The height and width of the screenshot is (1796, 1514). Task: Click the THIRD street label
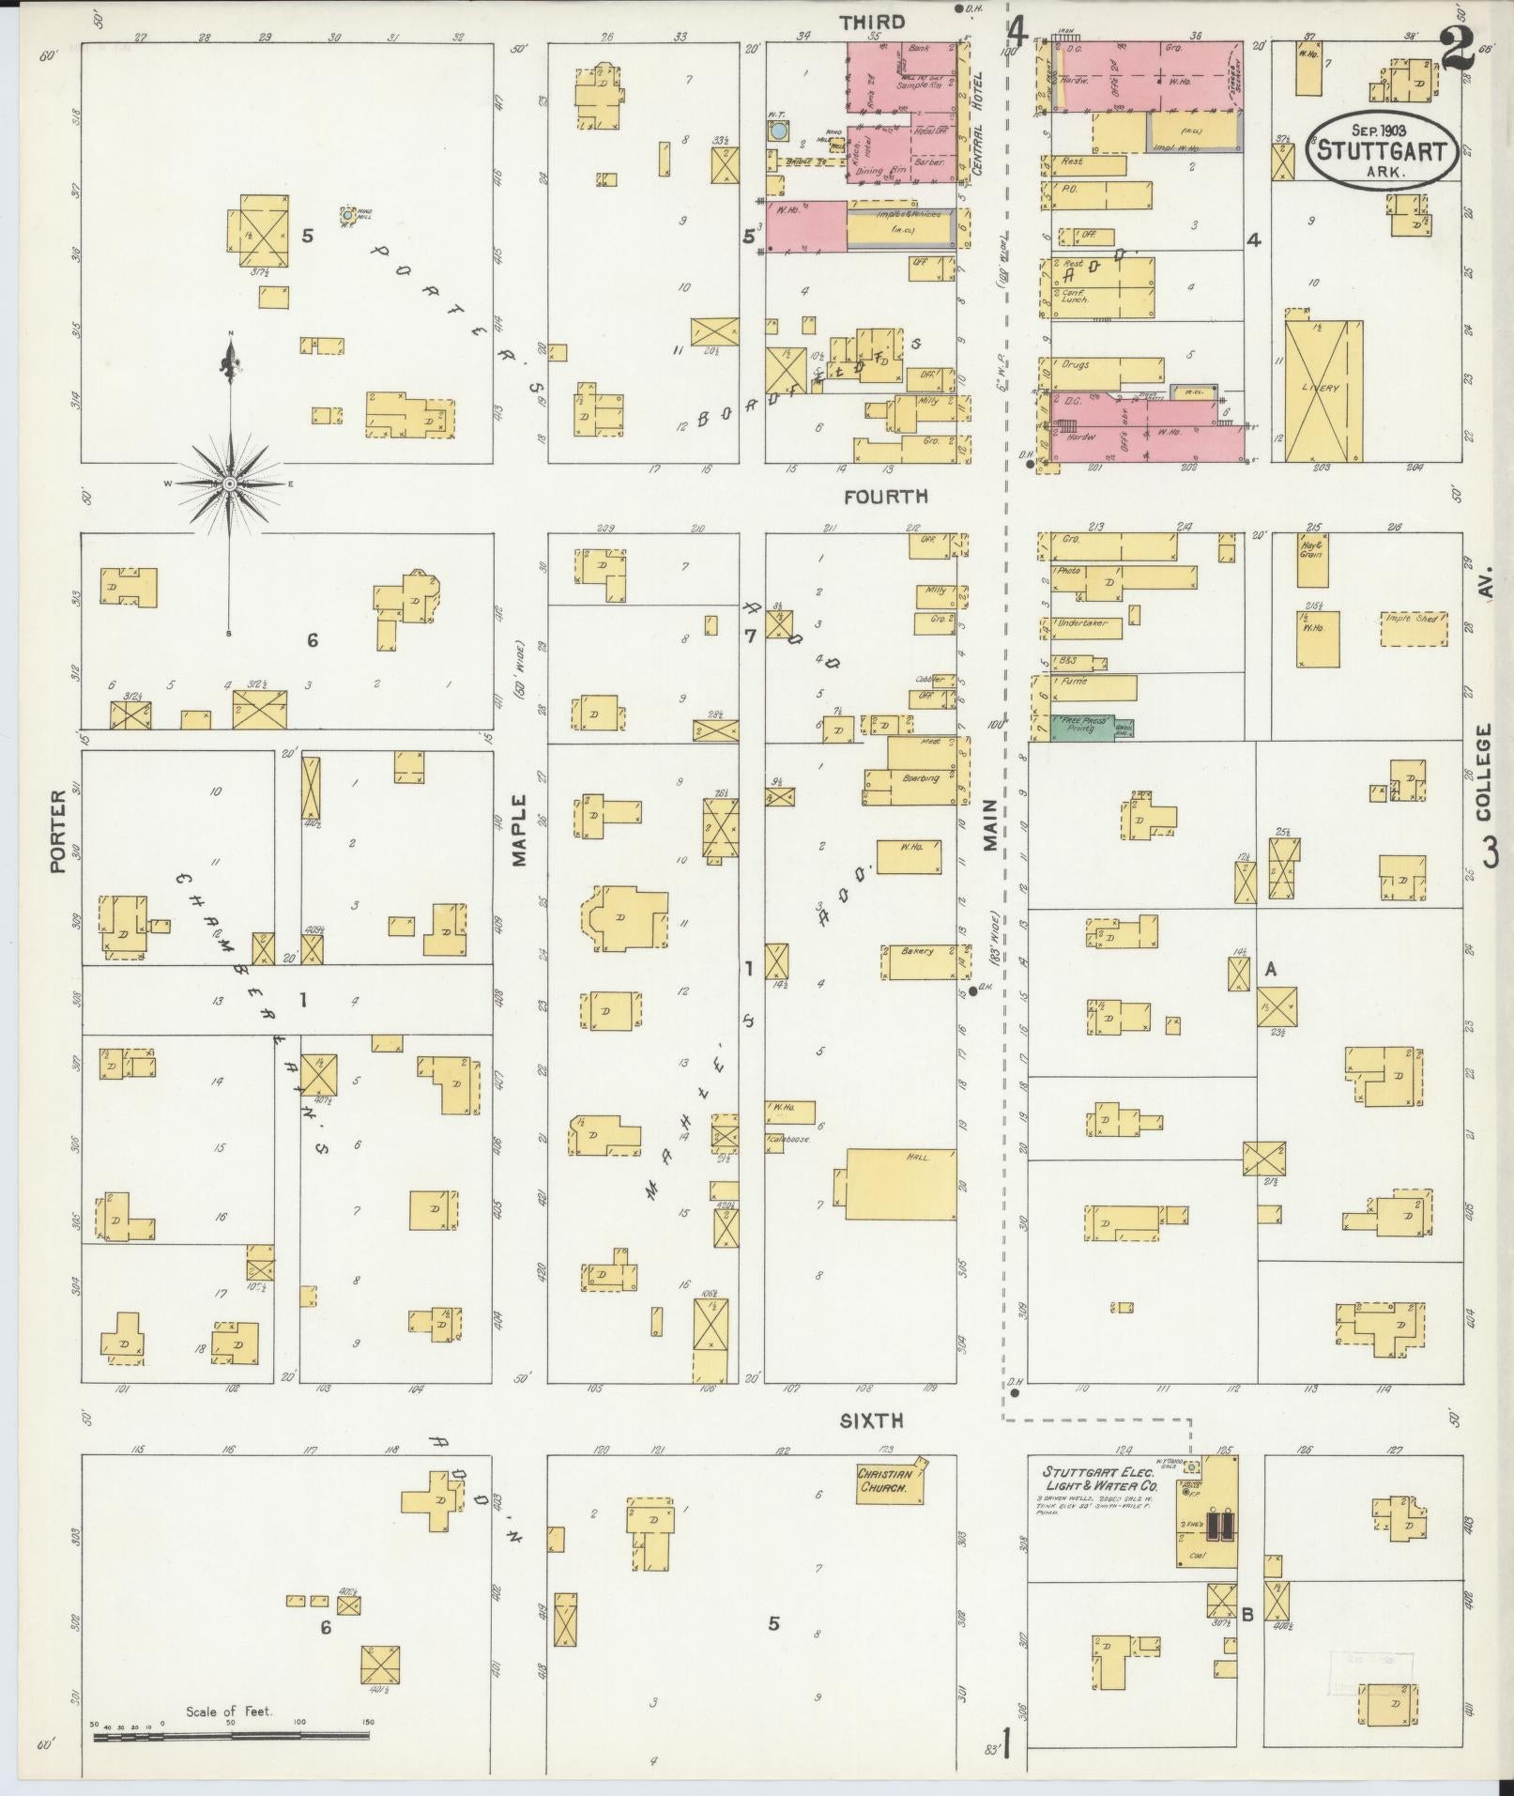pyautogui.click(x=873, y=23)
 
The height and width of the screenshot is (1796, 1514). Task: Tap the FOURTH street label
pyautogui.click(x=885, y=497)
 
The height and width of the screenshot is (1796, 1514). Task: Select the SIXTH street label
pyautogui.click(x=871, y=1422)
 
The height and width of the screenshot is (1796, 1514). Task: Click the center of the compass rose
pyautogui.click(x=228, y=484)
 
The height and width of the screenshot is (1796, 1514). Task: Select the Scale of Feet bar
pyautogui.click(x=230, y=1736)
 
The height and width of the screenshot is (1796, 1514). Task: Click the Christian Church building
pyautogui.click(x=885, y=1481)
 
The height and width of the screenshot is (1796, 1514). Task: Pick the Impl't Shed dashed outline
pyautogui.click(x=1414, y=627)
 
